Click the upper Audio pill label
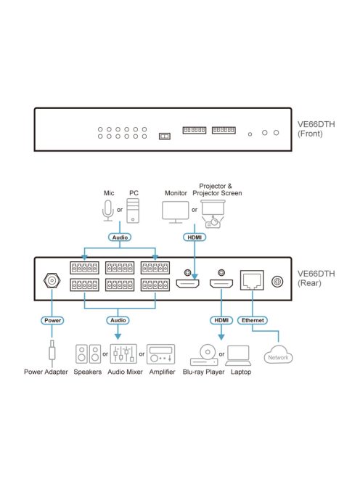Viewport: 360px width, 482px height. (120, 237)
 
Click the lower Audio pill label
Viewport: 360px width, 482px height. (120, 319)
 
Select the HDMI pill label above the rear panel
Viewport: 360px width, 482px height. (195, 237)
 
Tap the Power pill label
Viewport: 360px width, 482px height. (53, 319)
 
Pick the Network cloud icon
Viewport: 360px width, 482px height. (278, 356)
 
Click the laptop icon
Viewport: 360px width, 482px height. (239, 355)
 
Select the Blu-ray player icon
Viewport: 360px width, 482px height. (204, 355)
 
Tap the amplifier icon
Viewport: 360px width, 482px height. (160, 354)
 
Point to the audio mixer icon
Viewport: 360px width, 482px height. (123, 354)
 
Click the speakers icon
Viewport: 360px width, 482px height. (89, 354)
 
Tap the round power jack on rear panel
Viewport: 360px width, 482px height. (52, 280)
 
